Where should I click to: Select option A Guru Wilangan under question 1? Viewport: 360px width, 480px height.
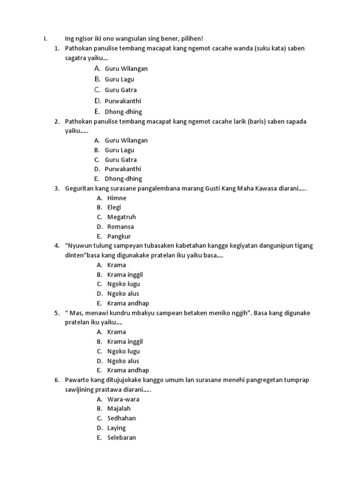[126, 68]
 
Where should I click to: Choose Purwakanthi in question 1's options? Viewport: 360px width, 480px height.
[123, 101]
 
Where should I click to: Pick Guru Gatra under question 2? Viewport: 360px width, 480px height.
[121, 160]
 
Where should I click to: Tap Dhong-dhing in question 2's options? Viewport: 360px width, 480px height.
[123, 179]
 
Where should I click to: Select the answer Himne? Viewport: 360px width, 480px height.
[117, 198]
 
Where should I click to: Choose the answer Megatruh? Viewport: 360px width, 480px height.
[121, 217]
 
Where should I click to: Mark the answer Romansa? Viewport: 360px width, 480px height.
[120, 227]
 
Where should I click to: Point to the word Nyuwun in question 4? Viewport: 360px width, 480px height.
[80, 246]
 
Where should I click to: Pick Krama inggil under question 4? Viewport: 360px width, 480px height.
[125, 274]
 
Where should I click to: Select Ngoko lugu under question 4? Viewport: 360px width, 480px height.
[124, 284]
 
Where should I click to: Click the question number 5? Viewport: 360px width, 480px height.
[57, 313]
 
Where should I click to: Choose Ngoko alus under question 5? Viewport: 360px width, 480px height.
[123, 361]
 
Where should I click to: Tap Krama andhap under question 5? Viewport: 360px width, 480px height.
[128, 370]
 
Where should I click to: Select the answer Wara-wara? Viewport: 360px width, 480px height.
[123, 399]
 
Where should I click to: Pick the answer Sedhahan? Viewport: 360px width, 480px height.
[121, 418]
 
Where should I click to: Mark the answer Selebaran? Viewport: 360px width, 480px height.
[121, 437]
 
